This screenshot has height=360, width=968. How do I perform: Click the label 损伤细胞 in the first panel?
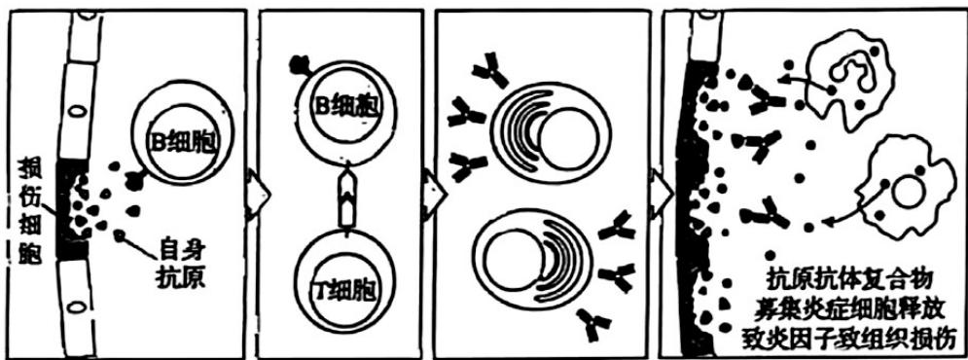tap(29, 210)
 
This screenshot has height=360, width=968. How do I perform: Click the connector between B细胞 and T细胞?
tap(347, 198)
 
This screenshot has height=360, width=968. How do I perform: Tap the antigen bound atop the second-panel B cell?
tap(300, 63)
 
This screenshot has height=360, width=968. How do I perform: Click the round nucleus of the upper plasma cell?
tap(569, 139)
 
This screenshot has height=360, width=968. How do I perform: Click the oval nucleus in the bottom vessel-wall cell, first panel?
tap(76, 306)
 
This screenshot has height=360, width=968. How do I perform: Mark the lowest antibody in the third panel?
tap(593, 324)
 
